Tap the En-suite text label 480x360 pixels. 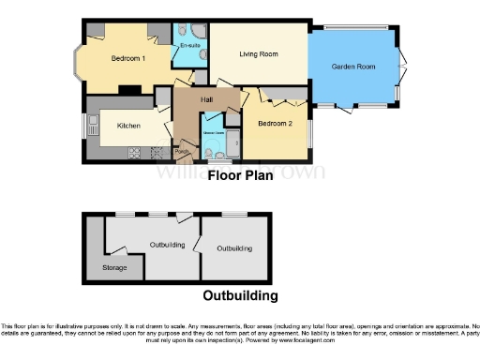tap(190, 45)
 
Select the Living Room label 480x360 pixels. tap(259, 54)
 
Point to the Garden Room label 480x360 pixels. tap(353, 67)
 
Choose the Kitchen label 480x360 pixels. tap(128, 125)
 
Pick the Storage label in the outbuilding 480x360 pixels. tap(113, 268)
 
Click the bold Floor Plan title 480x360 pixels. tap(240, 174)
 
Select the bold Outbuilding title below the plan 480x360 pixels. tap(240, 296)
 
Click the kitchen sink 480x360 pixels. tap(93, 124)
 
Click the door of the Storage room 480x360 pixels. tap(116, 248)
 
